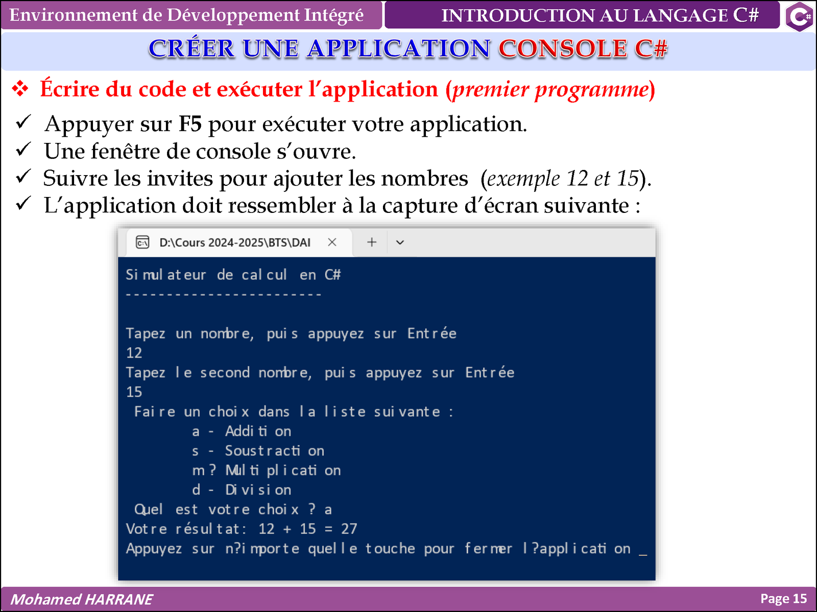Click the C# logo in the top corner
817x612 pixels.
pos(799,16)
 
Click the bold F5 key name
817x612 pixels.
pos(190,124)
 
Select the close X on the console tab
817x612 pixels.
pos(332,242)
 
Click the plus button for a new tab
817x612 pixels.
pos(371,242)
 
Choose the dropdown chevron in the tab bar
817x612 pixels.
pos(400,242)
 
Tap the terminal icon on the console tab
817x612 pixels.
pos(142,242)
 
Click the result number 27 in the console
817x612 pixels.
pos(349,529)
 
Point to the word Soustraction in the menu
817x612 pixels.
pos(275,451)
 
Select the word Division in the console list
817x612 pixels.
pos(258,490)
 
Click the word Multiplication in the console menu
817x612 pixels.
pos(283,471)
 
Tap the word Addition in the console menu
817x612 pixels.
pos(258,431)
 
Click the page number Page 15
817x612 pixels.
pos(783,599)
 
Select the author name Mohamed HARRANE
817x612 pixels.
pos(82,599)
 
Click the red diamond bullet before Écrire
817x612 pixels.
pos(20,89)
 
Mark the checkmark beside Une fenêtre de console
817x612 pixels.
pos(23,149)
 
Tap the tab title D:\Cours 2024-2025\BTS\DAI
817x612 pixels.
pos(235,242)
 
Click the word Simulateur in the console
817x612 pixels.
pos(165,275)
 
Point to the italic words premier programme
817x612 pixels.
pos(550,90)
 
